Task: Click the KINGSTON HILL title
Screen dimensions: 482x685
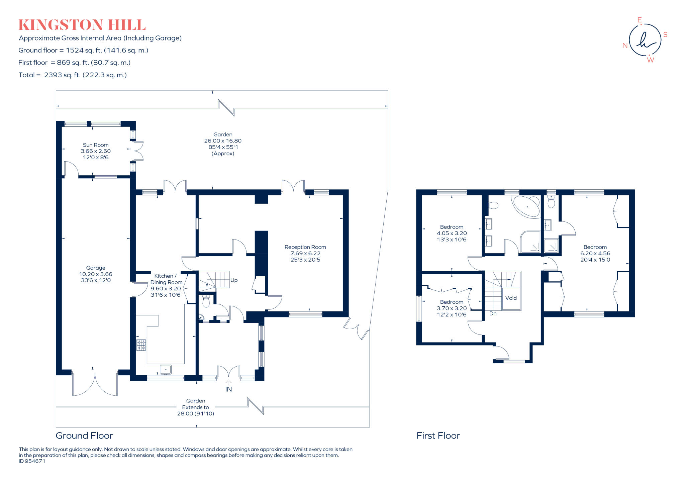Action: pyautogui.click(x=82, y=25)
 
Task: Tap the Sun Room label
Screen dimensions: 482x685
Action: pyautogui.click(x=96, y=145)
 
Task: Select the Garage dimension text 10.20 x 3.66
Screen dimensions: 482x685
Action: pyautogui.click(x=96, y=274)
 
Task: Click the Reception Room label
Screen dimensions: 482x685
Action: pyautogui.click(x=305, y=247)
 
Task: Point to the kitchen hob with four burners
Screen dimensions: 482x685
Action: pyautogui.click(x=141, y=345)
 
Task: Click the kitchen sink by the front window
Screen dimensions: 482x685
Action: pyautogui.click(x=166, y=370)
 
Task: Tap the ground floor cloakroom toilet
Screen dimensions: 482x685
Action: pyautogui.click(x=206, y=302)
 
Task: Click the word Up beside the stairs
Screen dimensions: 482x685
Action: pyautogui.click(x=234, y=280)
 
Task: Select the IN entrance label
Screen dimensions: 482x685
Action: pyautogui.click(x=228, y=389)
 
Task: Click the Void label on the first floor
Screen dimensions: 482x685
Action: pyautogui.click(x=511, y=298)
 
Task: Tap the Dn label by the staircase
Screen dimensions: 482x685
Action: pyautogui.click(x=493, y=314)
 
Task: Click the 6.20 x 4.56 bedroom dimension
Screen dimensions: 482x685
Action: pyautogui.click(x=595, y=254)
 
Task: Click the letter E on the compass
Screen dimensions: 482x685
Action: pyautogui.click(x=640, y=20)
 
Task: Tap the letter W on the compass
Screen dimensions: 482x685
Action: pyautogui.click(x=650, y=60)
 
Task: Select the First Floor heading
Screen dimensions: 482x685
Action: pyautogui.click(x=438, y=436)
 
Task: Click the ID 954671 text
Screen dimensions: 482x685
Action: pyautogui.click(x=32, y=461)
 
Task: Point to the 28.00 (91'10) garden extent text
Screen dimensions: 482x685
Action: pyautogui.click(x=196, y=414)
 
